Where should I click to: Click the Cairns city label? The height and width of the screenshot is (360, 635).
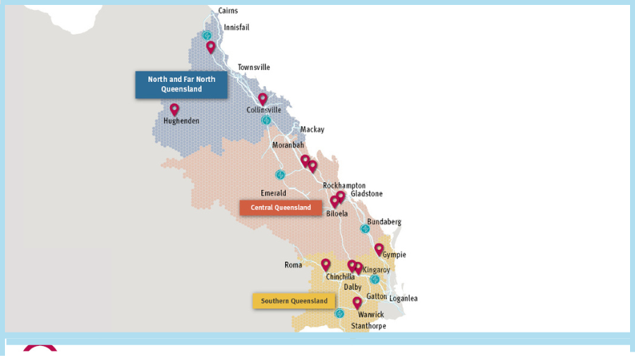228,11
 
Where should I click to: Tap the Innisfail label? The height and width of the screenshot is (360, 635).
236,28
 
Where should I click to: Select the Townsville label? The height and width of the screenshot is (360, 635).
253,68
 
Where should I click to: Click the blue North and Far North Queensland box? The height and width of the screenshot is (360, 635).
181,85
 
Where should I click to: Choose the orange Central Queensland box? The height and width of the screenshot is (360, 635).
280,208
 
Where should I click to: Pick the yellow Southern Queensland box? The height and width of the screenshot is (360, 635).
294,301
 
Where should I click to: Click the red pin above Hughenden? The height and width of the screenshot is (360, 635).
174,109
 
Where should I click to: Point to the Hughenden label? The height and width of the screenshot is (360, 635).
181,121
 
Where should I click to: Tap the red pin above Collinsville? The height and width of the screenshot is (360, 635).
262,99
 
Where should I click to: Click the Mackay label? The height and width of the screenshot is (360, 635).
312,130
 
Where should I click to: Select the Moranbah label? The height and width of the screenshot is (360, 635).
288,145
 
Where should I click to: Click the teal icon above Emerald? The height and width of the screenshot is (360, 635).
280,174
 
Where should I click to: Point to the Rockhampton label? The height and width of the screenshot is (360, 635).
344,186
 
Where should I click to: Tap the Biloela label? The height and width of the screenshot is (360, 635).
337,213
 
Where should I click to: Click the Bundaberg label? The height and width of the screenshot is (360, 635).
384,222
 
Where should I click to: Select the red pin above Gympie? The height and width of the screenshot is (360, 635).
379,248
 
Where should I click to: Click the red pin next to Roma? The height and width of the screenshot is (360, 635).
325,265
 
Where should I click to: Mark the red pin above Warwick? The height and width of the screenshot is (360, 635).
357,302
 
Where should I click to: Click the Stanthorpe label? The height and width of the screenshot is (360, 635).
368,326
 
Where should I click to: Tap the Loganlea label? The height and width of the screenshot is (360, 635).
403,299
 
